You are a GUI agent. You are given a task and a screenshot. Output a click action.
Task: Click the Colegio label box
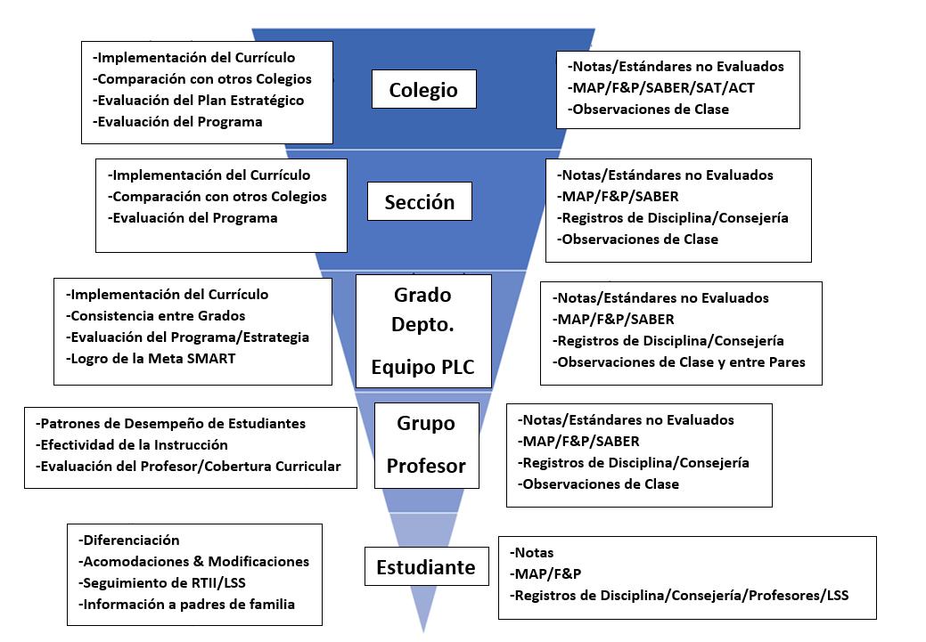coord(423,90)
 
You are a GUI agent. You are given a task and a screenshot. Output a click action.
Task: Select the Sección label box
coord(419,202)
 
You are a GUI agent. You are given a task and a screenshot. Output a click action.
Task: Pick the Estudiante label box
coord(426,567)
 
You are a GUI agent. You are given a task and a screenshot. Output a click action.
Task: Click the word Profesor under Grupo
coord(426,466)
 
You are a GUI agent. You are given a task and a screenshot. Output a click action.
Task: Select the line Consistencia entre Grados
coord(156,316)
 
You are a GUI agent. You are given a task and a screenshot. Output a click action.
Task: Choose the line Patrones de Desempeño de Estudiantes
coord(171,424)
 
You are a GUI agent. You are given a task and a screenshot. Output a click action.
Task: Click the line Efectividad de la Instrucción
coord(132,445)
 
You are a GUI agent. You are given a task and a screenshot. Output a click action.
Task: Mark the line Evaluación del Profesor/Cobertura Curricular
coord(188,467)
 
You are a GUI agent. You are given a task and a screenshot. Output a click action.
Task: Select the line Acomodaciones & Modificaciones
coord(193,562)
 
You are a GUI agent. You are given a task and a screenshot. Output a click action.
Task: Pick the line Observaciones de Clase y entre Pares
coord(679,362)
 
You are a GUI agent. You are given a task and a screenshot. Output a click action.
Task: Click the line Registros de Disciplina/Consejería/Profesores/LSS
coord(679,594)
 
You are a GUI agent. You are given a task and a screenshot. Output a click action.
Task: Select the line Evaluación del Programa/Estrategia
coord(188,337)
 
